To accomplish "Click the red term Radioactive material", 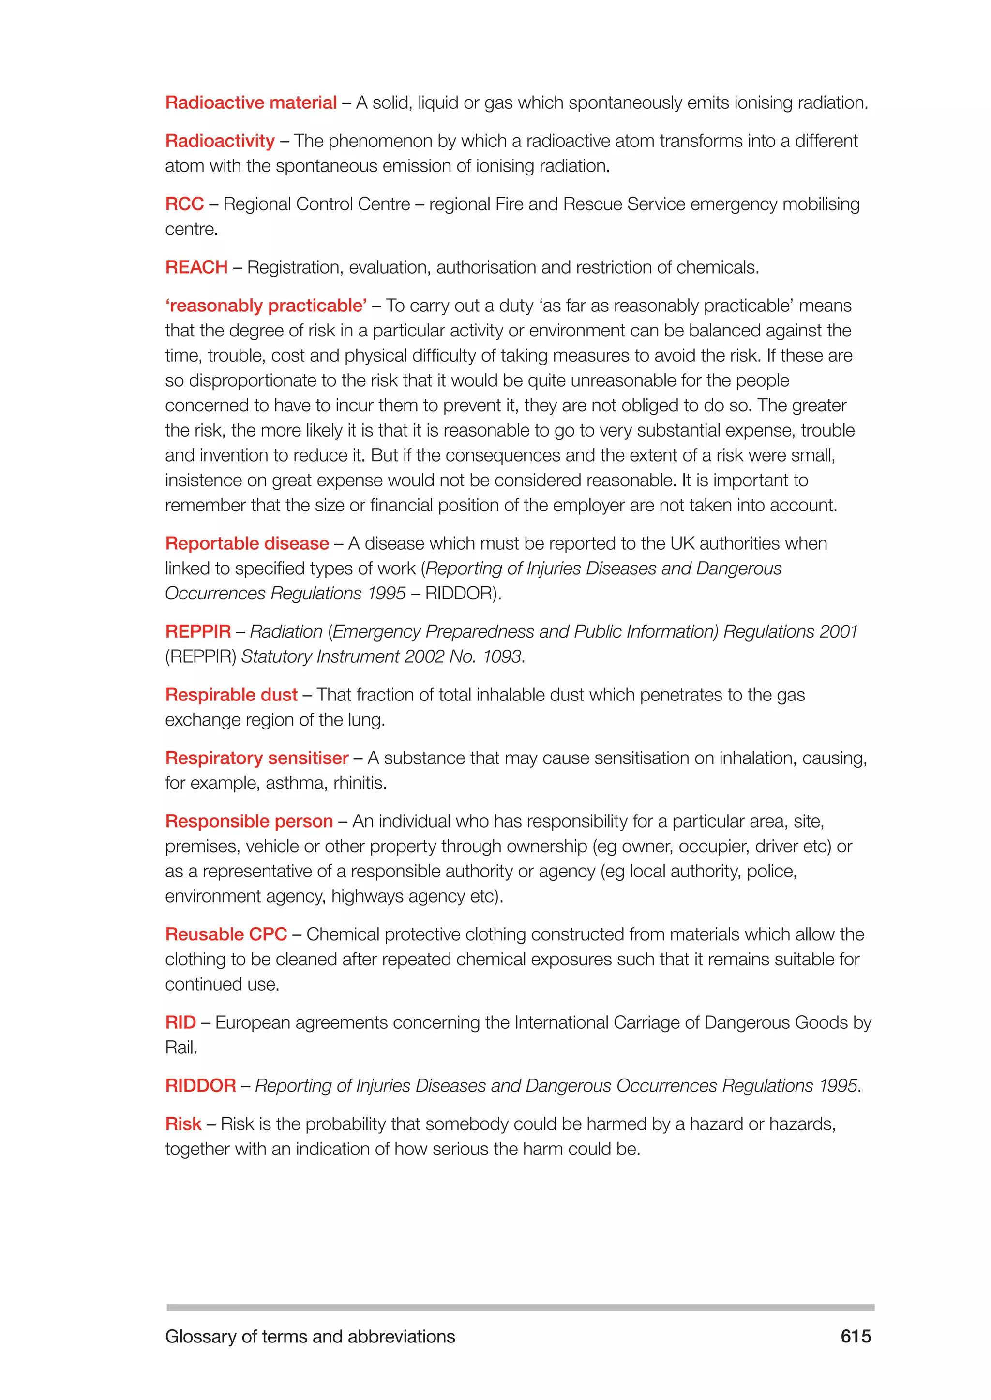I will coord(251,102).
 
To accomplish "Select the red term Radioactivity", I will coord(220,141).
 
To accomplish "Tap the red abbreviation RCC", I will coord(184,204).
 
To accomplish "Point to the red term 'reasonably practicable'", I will coord(266,306).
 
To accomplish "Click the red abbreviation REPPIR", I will coord(198,632).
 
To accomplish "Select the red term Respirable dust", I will coord(231,695).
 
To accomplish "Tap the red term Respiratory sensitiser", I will coord(256,758).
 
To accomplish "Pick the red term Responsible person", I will coord(249,821).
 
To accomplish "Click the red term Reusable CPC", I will coord(226,934).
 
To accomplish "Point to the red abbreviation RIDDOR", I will coord(200,1086).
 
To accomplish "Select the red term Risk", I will coord(183,1124).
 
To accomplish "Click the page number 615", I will coord(856,1336).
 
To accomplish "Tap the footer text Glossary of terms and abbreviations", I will coord(310,1337).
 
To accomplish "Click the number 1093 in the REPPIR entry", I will coord(502,656).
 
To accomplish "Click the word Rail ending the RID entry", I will coord(180,1048).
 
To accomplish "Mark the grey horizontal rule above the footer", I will coord(520,1307).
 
